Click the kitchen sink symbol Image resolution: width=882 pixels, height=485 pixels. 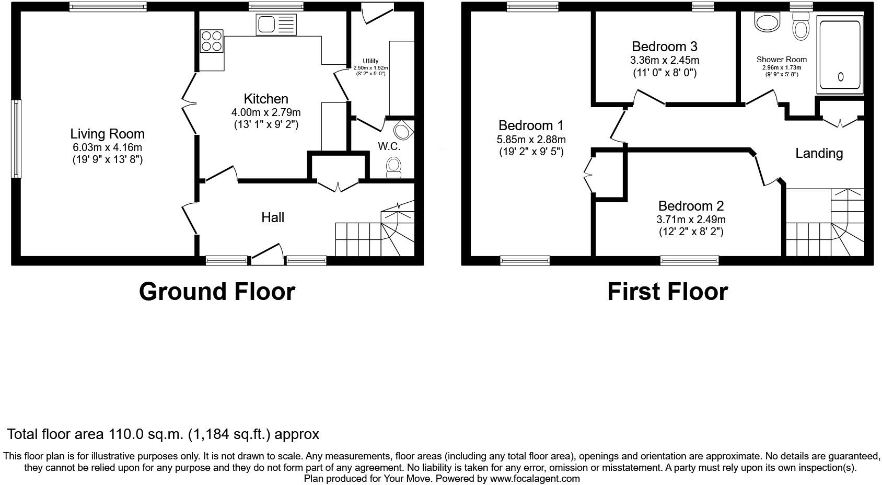pos(276,25)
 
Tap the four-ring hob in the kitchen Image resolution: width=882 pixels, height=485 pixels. pos(212,41)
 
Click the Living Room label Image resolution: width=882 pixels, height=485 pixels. pos(107,134)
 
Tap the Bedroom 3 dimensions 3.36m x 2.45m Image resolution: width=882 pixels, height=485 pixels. pos(664,60)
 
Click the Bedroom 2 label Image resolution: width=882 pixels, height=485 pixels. pos(691,205)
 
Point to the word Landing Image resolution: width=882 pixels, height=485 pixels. pos(819,153)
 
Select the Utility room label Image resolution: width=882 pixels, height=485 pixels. pos(370,61)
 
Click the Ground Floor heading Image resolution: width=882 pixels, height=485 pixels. pos(217,292)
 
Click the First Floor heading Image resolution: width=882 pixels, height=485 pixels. pos(667,292)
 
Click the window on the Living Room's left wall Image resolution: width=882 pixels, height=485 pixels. pos(16,138)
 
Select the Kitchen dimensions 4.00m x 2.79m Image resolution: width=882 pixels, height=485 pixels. pos(266,112)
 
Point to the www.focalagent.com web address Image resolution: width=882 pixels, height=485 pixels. pos(535,478)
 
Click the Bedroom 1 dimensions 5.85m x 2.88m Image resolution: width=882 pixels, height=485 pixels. pos(531,140)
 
